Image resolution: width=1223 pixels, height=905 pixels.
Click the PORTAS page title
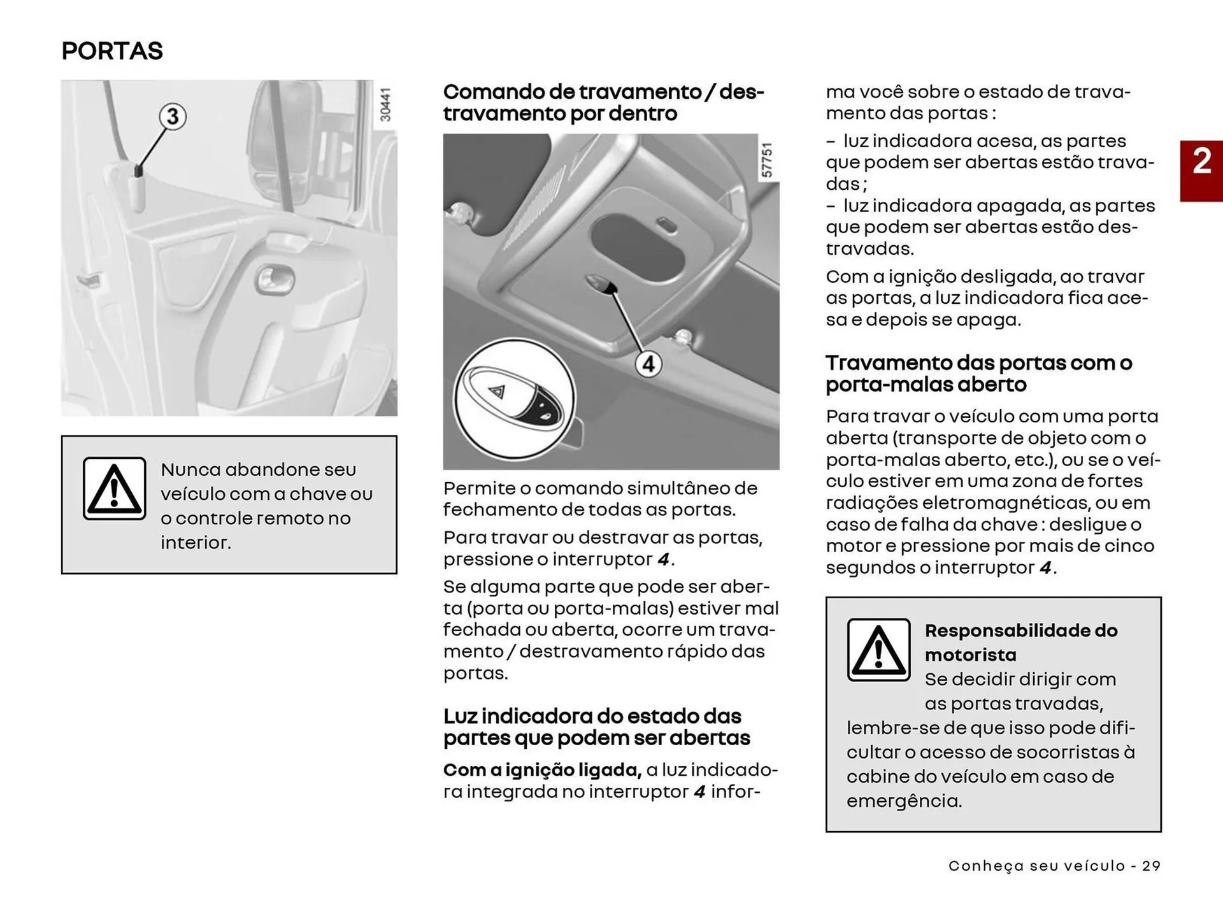pos(112,51)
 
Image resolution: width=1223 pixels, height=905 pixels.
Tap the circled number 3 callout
pos(173,117)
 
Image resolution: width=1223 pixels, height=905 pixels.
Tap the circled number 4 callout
pos(648,364)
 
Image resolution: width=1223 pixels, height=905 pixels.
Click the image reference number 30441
pos(385,105)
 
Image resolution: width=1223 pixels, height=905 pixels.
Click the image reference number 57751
pos(768,160)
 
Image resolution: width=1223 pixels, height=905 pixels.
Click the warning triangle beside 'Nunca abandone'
pos(115,488)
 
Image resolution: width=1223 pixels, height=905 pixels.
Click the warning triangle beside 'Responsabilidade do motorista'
pos(878,650)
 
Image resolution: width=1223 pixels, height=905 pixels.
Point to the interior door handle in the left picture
pos(276,280)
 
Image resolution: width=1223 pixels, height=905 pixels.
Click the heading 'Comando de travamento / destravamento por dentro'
pos(603,103)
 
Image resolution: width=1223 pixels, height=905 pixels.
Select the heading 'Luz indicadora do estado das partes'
pos(596,727)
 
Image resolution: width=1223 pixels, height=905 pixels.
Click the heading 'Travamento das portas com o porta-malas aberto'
pos(978,373)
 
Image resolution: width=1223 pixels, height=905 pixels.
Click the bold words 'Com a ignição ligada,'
pos(542,770)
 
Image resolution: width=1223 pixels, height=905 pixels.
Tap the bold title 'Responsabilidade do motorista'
pos(1020,642)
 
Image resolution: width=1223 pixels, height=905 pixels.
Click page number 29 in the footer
pos(1151,866)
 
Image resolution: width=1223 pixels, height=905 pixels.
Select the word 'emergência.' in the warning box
pos(904,801)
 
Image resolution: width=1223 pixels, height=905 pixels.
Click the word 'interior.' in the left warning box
pos(196,543)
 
